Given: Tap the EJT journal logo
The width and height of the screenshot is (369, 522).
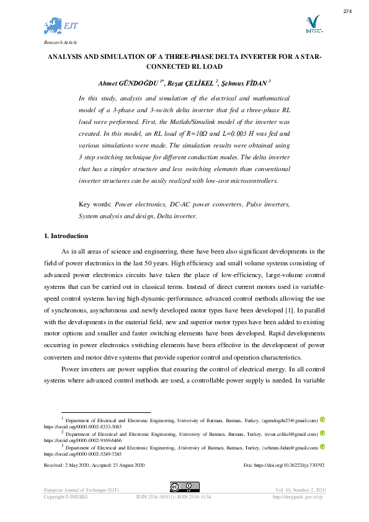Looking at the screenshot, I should coord(60,27).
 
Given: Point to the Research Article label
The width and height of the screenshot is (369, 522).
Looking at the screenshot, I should coord(61,42).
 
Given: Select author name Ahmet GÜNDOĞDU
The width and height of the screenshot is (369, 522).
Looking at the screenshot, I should coord(128,83).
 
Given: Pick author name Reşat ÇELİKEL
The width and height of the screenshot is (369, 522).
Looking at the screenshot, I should coord(189,83).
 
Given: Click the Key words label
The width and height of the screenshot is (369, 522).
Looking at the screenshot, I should coord(96,204).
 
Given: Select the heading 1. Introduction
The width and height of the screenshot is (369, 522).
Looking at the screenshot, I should coord(66,236).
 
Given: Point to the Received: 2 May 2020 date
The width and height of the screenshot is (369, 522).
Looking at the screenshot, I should coord(68,465).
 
